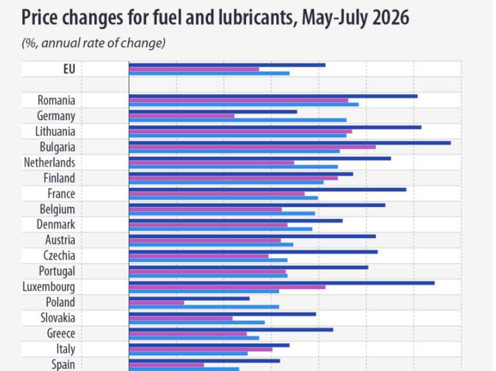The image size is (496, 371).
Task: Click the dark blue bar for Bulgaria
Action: coord(290,143)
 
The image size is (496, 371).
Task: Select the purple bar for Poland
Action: coord(156,303)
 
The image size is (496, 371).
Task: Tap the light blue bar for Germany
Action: coord(238,120)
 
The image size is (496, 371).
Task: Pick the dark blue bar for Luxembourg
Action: coord(282,283)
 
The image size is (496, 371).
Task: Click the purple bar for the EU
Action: coord(194,69)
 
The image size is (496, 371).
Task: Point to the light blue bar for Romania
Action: coord(244,105)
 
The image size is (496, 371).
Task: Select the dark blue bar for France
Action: coord(267,190)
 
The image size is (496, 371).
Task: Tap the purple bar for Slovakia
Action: coord(181,318)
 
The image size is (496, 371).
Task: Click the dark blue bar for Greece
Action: coord(231,330)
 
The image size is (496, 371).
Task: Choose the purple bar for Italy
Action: coord(201,350)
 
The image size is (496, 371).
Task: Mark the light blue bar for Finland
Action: coord(226,183)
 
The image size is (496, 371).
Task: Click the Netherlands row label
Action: coord(50,163)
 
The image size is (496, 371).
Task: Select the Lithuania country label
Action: coord(56,132)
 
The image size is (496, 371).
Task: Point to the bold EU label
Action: coord(69,69)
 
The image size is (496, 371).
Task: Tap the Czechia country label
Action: coord(59,256)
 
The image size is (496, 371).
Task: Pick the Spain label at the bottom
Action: coord(63,365)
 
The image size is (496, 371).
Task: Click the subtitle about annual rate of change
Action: coord(94,43)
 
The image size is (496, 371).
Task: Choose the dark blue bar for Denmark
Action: coord(236,221)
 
